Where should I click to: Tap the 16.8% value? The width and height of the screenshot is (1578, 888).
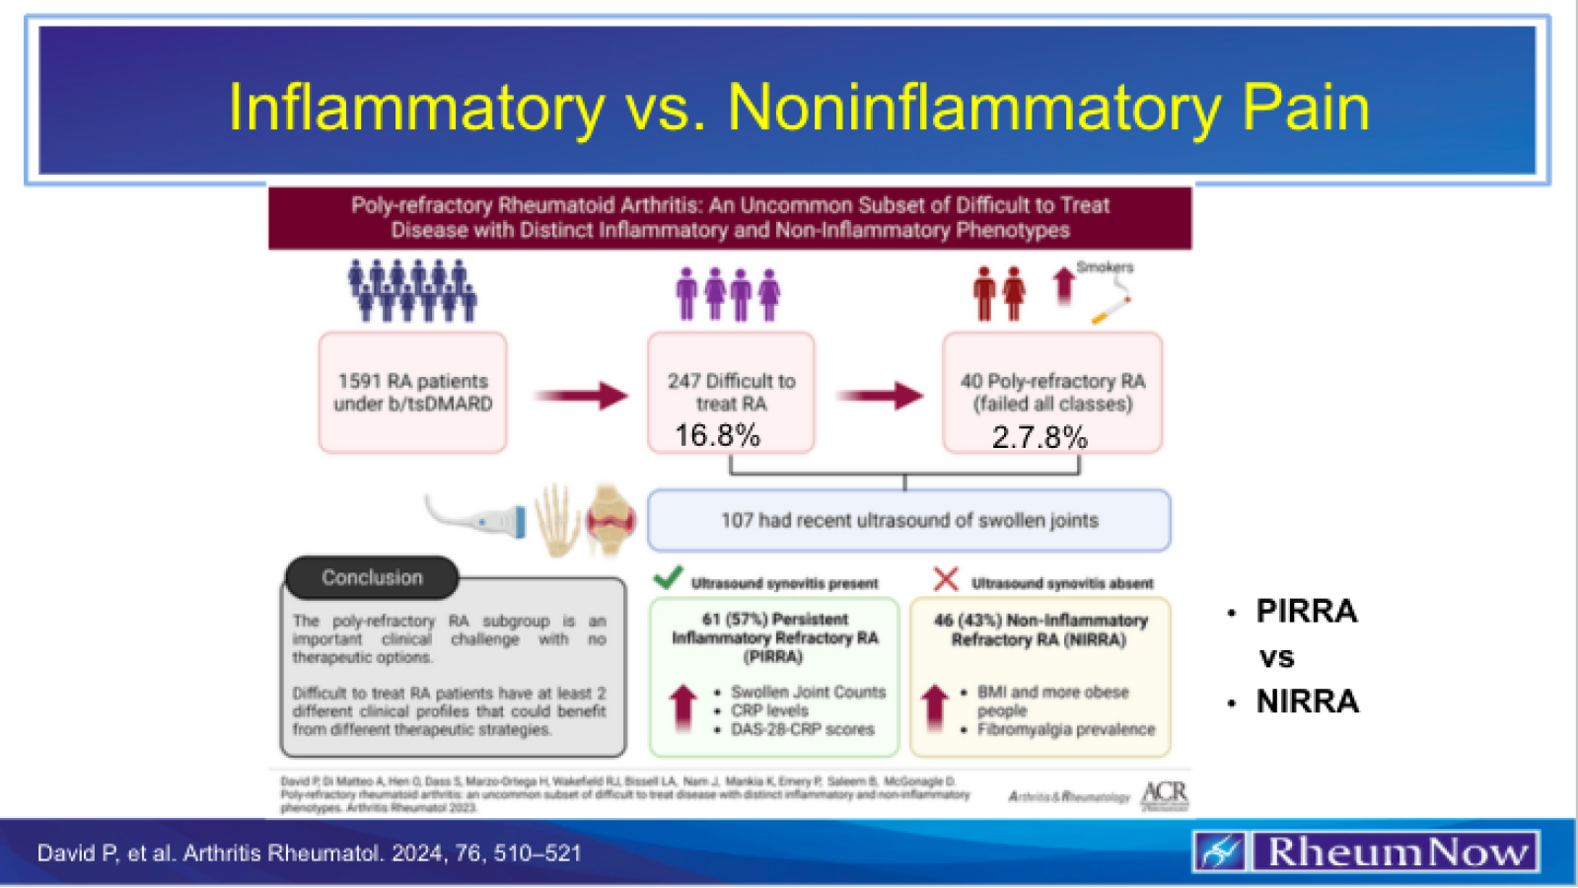click(717, 435)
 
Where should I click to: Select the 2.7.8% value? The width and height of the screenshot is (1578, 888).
click(1040, 437)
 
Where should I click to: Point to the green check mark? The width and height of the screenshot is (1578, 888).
click(668, 578)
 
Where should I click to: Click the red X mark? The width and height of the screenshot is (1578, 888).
click(945, 579)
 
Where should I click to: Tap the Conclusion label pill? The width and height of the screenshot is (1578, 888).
click(372, 578)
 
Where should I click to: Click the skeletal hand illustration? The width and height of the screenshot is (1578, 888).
click(556, 519)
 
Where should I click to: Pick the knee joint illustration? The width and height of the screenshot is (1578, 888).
click(610, 519)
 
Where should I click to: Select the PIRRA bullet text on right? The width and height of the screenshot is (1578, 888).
click(1306, 612)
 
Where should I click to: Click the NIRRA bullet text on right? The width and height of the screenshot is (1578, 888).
click(1307, 702)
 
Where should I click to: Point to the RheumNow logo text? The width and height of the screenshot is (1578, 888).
click(1396, 852)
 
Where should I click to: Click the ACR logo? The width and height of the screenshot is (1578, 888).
click(1165, 795)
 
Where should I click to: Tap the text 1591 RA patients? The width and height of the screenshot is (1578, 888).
click(412, 381)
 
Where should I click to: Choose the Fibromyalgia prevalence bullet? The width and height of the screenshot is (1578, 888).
click(1065, 729)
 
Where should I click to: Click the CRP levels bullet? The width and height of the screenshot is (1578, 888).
click(769, 710)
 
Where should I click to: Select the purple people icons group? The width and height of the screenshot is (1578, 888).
click(728, 293)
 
